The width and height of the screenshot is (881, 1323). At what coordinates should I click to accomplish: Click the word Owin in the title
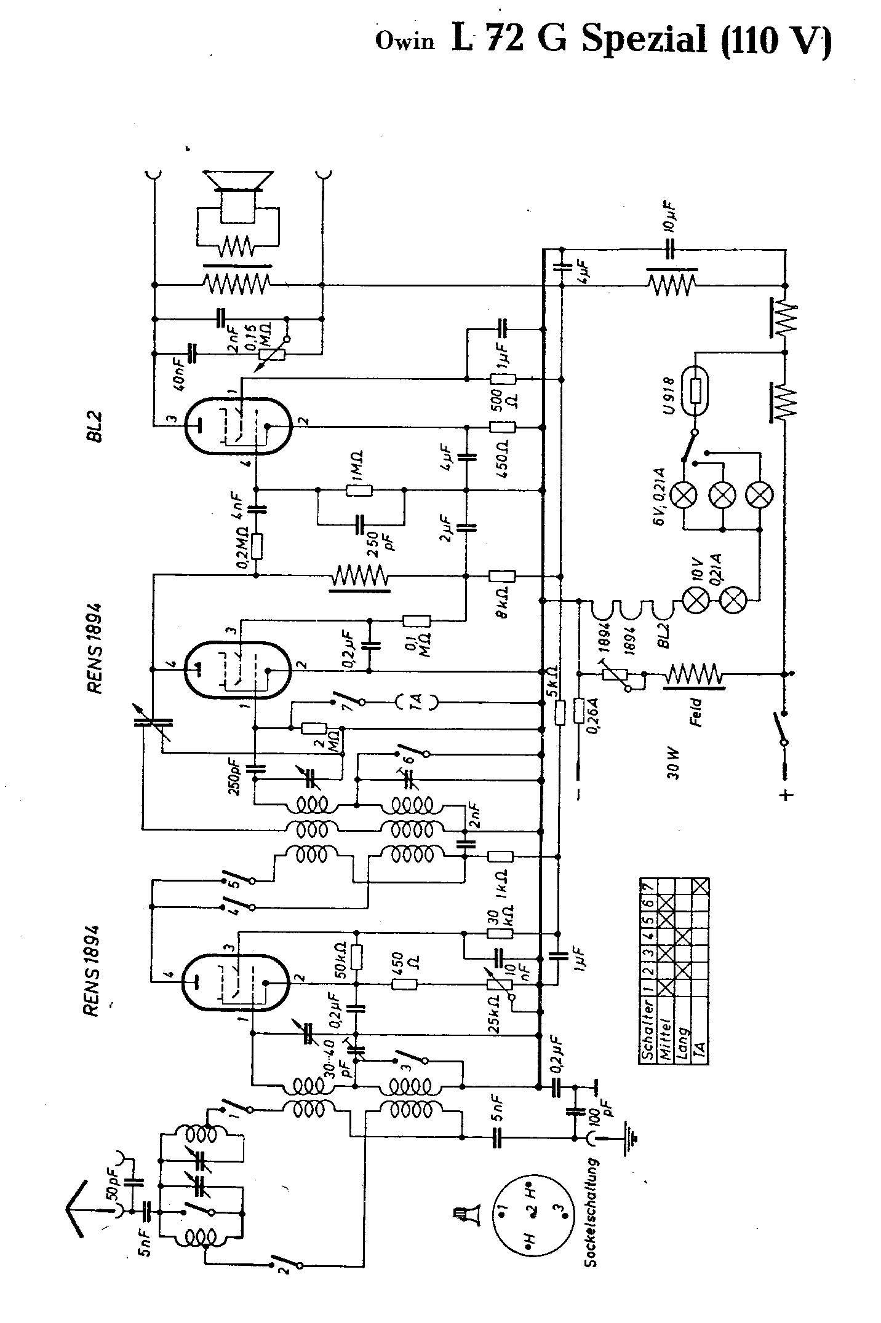pos(404,41)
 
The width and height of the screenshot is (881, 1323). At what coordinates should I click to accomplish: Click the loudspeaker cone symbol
pos(238,180)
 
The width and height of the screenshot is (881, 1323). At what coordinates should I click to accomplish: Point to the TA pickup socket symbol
pos(416,700)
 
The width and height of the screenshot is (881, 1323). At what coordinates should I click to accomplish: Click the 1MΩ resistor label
pos(358,458)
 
